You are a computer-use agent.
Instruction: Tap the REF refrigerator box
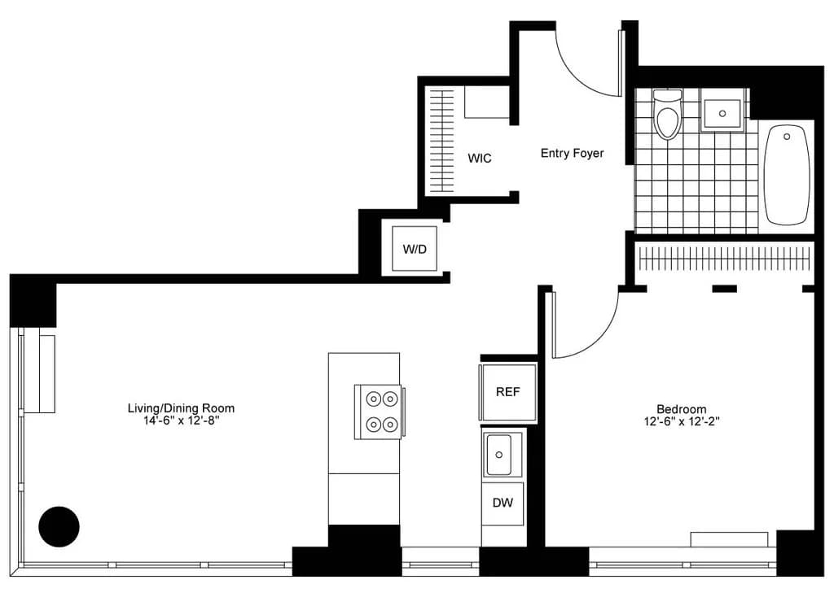tap(508, 392)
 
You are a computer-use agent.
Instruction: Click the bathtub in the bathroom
tap(787, 173)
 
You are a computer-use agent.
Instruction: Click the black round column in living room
tap(59, 526)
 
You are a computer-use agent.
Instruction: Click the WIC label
tap(480, 159)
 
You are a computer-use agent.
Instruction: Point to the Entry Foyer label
tap(573, 153)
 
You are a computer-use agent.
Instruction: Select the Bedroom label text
tap(682, 409)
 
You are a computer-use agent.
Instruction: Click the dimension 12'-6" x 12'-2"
tap(682, 421)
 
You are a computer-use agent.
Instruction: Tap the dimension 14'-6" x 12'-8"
tap(180, 421)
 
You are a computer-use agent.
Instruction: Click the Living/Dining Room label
tap(181, 408)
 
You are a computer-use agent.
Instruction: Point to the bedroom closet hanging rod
tap(724, 259)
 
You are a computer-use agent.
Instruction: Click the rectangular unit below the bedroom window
tap(729, 539)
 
